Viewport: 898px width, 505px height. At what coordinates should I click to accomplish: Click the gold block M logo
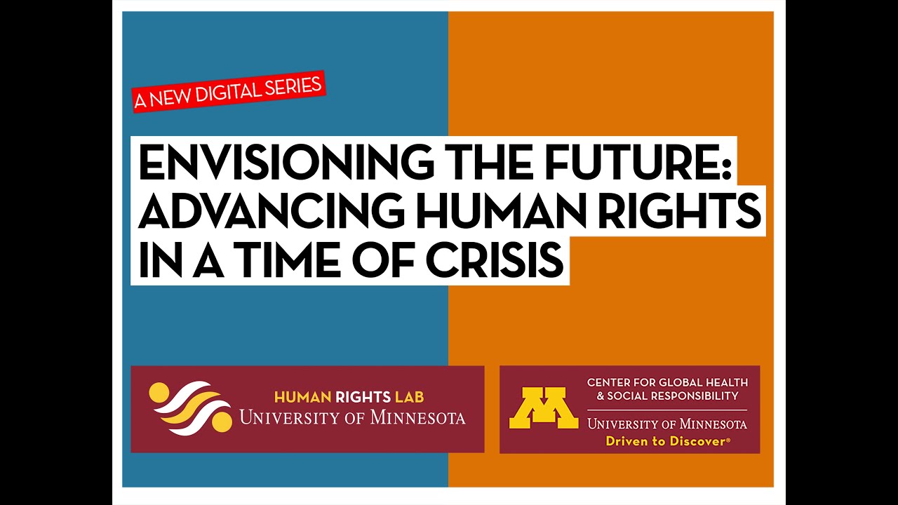click(543, 408)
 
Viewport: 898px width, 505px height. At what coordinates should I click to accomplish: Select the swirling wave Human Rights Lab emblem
click(190, 408)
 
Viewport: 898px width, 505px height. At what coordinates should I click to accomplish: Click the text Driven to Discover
click(667, 441)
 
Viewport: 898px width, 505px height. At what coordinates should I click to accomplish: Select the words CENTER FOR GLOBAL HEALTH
click(667, 382)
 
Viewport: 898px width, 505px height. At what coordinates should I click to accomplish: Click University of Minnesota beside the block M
click(667, 424)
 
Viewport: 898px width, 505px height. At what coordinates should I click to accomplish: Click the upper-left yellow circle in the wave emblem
click(159, 391)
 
